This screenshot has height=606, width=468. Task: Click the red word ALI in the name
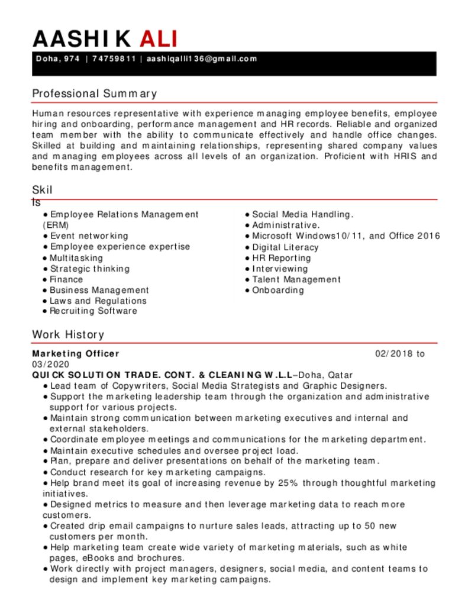(x=159, y=38)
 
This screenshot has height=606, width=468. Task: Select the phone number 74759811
(x=114, y=59)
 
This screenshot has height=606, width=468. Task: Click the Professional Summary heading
(x=95, y=94)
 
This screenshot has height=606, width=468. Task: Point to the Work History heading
(x=68, y=334)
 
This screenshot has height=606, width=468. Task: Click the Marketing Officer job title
(x=76, y=354)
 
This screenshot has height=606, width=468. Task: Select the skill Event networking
(x=89, y=236)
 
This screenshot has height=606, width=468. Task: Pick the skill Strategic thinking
(x=89, y=269)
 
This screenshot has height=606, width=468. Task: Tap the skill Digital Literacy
(x=285, y=247)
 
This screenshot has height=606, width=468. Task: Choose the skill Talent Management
(x=296, y=279)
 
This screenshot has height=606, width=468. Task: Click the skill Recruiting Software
(x=93, y=311)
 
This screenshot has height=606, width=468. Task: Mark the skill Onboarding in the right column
(x=278, y=290)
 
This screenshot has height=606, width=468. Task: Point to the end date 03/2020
(x=51, y=364)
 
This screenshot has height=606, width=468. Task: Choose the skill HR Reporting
(x=281, y=258)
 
